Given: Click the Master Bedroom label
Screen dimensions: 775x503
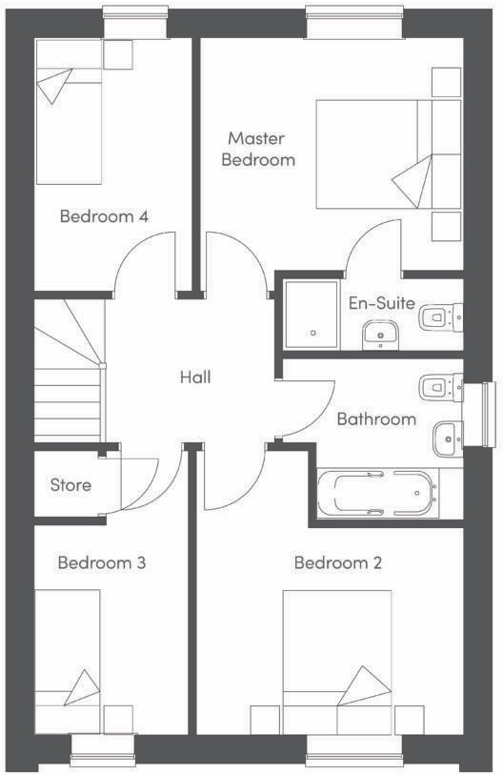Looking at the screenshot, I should [258, 150].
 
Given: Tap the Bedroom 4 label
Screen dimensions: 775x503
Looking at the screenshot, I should [104, 216].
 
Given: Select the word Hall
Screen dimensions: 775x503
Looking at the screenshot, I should [195, 377].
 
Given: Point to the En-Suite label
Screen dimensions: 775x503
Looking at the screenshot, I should [381, 304].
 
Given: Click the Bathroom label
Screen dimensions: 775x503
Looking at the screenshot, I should [376, 418].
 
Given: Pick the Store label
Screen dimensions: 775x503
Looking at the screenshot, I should [70, 485].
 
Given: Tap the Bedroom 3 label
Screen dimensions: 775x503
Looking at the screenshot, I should [101, 562].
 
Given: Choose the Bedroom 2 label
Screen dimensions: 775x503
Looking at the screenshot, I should [338, 562].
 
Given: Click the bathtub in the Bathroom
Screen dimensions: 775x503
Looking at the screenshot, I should [378, 492].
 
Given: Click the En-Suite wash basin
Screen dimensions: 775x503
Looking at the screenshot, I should [383, 334].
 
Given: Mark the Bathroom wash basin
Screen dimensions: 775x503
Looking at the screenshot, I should [447, 438].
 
